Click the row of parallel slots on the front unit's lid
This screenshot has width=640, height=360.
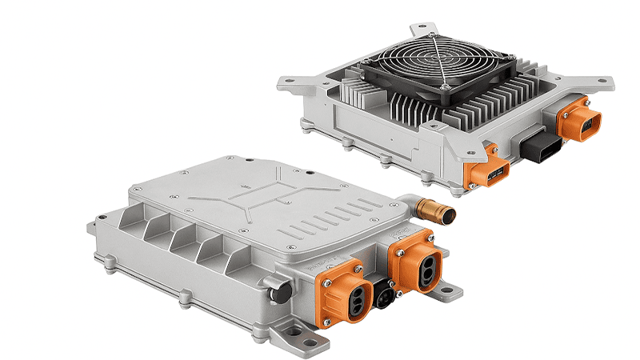point(320,220)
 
